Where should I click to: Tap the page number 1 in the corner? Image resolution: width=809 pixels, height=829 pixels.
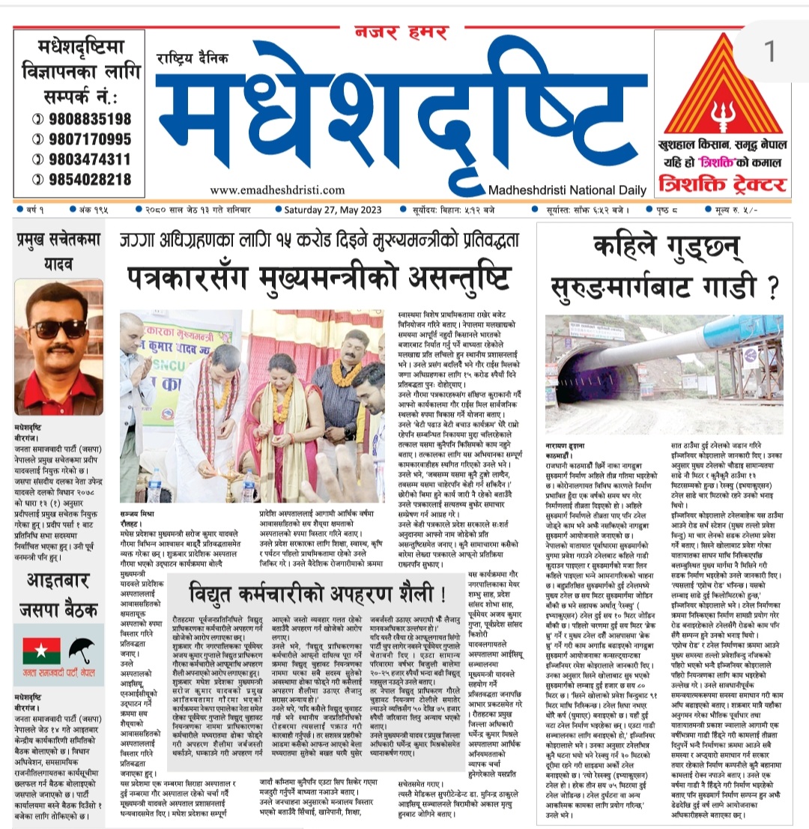coord(772,51)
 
